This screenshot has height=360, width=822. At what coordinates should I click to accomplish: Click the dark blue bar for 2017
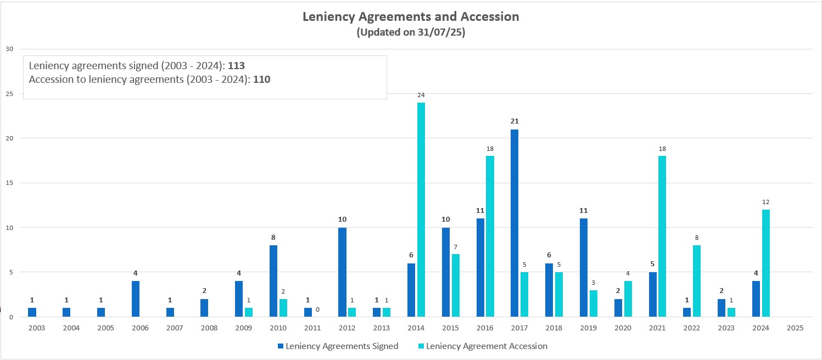tap(515, 223)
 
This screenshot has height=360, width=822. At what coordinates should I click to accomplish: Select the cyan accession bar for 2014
tap(421, 210)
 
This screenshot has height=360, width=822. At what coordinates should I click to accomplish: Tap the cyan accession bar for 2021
tap(662, 236)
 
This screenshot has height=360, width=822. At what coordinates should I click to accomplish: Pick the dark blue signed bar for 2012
tap(342, 272)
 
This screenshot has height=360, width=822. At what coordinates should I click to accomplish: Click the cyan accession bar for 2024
tap(765, 263)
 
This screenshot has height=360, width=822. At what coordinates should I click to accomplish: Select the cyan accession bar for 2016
tap(490, 236)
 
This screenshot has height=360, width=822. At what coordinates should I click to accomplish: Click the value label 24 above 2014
tap(421, 95)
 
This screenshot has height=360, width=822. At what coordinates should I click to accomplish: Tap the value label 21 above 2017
tap(515, 121)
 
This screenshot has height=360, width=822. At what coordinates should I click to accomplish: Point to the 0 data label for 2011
tap(317, 309)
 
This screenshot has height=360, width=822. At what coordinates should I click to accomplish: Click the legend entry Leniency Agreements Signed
tap(338, 346)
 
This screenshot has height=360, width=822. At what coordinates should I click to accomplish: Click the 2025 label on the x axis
tap(795, 328)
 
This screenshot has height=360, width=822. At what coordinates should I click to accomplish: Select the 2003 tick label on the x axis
tap(36, 328)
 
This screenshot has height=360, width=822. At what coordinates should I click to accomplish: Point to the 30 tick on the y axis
tap(9, 49)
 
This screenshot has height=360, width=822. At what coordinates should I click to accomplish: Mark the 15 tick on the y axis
tap(9, 183)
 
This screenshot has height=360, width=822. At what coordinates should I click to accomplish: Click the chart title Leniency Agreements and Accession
tap(411, 16)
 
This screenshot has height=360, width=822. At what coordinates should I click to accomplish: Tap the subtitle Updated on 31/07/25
tap(411, 32)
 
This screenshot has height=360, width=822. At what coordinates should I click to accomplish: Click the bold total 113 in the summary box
tap(236, 66)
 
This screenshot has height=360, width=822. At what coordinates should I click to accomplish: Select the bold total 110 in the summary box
tap(262, 80)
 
